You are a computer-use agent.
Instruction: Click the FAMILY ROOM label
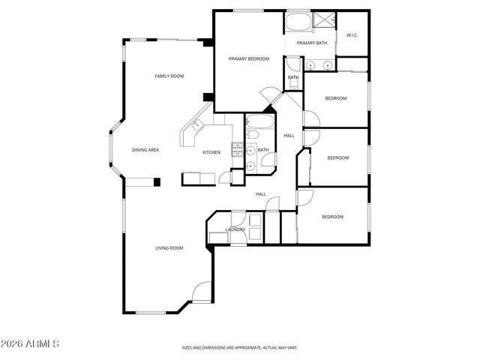click(x=169, y=76)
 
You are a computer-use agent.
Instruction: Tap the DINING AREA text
click(x=145, y=150)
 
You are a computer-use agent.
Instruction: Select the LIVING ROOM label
click(x=169, y=247)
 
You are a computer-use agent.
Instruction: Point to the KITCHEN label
click(x=211, y=152)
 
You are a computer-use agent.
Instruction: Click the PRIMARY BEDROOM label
click(x=249, y=58)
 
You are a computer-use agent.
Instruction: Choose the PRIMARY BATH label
click(x=311, y=43)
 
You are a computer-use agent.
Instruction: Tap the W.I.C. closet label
click(x=352, y=35)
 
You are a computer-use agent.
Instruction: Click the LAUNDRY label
click(x=235, y=229)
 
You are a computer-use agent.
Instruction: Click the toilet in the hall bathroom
click(x=253, y=135)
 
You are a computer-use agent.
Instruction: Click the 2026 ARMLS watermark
click(x=31, y=343)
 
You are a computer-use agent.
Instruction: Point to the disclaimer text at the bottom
click(x=240, y=347)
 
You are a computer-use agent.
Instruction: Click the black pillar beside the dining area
click(x=157, y=181)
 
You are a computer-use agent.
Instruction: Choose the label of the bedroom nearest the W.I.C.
click(x=335, y=98)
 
